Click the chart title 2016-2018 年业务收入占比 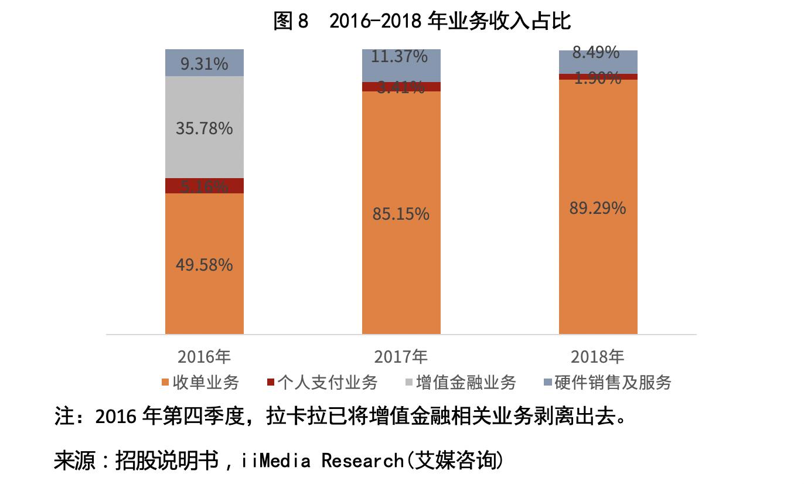coord(422,22)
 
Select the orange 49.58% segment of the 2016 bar coord(205,264)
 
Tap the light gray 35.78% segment coord(205,127)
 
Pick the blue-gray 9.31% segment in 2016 coord(205,63)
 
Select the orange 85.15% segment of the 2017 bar coord(401,214)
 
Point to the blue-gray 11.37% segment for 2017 coord(401,66)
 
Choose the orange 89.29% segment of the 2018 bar coord(598,208)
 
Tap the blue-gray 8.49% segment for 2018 coord(598,61)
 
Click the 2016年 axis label coord(205,356)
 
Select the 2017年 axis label coord(401,356)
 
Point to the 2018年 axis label coord(598,356)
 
